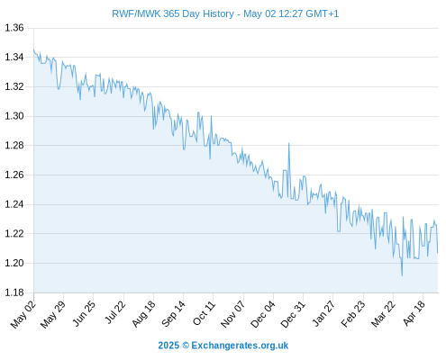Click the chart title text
point(225,13)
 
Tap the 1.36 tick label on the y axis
point(14,28)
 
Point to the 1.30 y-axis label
point(14,116)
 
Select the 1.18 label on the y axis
point(14,292)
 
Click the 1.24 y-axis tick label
point(14,204)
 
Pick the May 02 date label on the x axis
point(23,314)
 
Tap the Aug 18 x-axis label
point(143,314)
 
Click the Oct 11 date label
point(204,313)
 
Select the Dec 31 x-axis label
point(293,314)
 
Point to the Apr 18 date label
point(414,313)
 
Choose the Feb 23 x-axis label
point(353,314)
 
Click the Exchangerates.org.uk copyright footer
point(223,346)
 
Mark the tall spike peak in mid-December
point(289,143)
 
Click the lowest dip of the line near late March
point(402,275)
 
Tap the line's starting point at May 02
point(33,49)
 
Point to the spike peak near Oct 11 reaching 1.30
point(211,116)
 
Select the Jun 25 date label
point(84,314)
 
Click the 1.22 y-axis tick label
point(14,233)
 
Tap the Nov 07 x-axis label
point(232,314)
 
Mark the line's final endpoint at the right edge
point(438,253)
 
